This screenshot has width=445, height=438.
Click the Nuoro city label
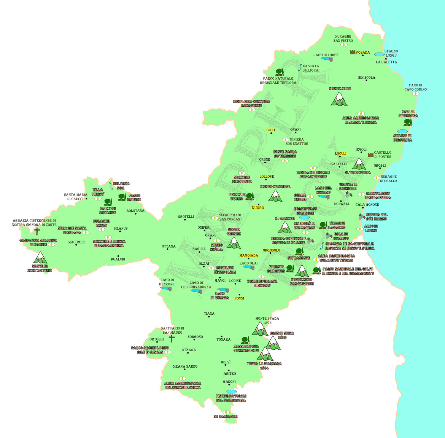click(x=258, y=208)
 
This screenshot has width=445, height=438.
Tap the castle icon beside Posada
click(x=353, y=52)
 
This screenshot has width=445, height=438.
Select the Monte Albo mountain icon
click(x=339, y=99)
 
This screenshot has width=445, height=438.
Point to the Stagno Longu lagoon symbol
click(x=379, y=54)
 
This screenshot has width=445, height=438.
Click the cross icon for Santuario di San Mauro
click(x=172, y=338)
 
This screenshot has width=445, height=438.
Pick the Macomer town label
click(x=76, y=242)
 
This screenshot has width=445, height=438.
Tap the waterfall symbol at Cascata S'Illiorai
click(x=300, y=68)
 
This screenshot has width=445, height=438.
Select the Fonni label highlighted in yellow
click(x=239, y=298)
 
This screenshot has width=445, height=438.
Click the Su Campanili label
click(x=226, y=416)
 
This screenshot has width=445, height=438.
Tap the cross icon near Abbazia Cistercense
click(x=37, y=231)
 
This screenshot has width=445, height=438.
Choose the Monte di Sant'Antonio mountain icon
click(x=40, y=258)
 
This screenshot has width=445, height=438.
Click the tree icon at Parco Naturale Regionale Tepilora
click(x=280, y=72)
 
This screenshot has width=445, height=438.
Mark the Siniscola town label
click(x=367, y=78)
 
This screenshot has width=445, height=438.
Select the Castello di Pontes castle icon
click(x=370, y=155)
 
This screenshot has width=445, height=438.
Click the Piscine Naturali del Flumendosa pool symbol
click(x=231, y=392)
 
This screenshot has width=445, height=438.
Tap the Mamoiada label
click(x=249, y=256)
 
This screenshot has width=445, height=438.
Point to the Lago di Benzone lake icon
click(x=166, y=288)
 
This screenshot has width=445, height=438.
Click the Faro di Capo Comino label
click(x=415, y=88)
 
